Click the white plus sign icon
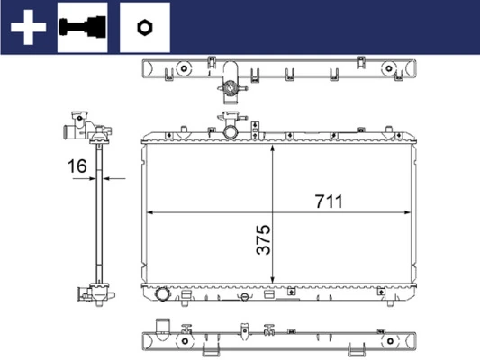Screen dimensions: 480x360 [x=28, y=27]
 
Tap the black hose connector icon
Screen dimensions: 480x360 [x=82, y=27]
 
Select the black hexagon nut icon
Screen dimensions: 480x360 [x=144, y=28]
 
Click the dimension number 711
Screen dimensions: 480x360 [x=329, y=202]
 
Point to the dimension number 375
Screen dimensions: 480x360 [x=264, y=239]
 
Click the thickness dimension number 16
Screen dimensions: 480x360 [x=77, y=166]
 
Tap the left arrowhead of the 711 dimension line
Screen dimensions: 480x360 [x=150, y=212]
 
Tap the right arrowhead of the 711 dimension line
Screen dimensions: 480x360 [x=407, y=212]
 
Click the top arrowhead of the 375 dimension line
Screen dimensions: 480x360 [x=273, y=148]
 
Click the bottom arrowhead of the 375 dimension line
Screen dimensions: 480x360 [x=273, y=280]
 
